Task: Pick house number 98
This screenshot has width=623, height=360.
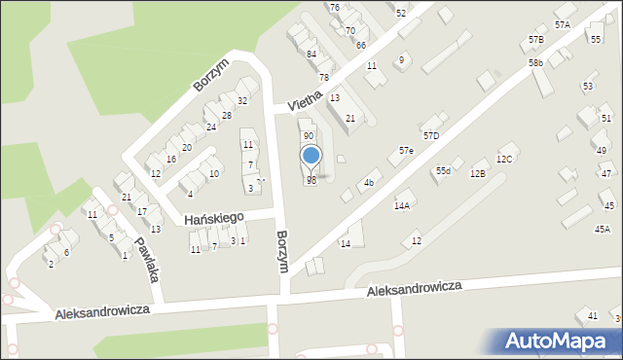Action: pyautogui.click(x=311, y=181)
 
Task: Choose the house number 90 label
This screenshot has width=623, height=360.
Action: pyautogui.click(x=308, y=136)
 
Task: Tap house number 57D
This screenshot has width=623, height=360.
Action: pyautogui.click(x=430, y=135)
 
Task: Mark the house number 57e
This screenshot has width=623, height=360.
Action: pyautogui.click(x=406, y=152)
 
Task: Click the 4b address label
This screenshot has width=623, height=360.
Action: pyautogui.click(x=368, y=183)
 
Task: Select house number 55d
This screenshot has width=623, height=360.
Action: pyautogui.click(x=443, y=171)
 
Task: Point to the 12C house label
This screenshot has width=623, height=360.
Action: pyautogui.click(x=503, y=159)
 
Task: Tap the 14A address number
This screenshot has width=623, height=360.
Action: pyautogui.click(x=401, y=206)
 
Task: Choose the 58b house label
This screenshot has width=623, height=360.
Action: pyautogui.click(x=535, y=63)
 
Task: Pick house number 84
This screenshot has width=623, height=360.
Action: pyautogui.click(x=311, y=54)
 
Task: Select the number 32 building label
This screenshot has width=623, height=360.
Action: pyautogui.click(x=241, y=101)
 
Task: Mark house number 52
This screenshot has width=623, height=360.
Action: pyautogui.click(x=401, y=14)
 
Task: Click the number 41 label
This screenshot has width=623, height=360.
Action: pyautogui.click(x=592, y=316)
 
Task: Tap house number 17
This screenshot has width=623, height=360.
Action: pyautogui.click(x=142, y=212)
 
